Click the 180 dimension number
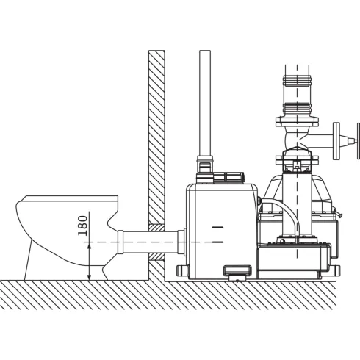[x=83, y=226]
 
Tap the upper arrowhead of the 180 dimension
[x=89, y=245]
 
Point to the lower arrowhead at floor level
[x=89, y=277]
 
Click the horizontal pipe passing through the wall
[x=151, y=242]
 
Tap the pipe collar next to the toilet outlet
[x=120, y=242]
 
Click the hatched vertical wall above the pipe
[x=156, y=137]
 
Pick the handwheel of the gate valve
[x=359, y=141]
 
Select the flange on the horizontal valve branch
[x=336, y=141]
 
